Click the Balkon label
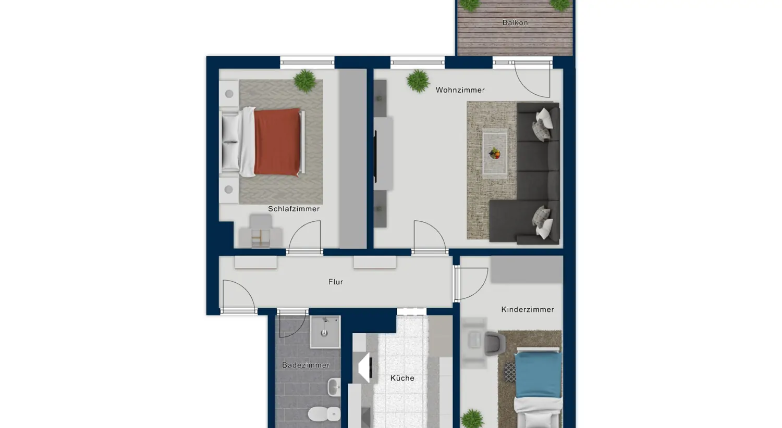pyautogui.click(x=515, y=23)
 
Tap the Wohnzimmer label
pyautogui.click(x=460, y=90)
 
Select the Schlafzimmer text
pyautogui.click(x=294, y=209)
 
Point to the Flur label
pyautogui.click(x=336, y=282)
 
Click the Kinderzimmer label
pyautogui.click(x=528, y=309)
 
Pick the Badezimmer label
pyautogui.click(x=306, y=366)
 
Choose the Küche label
pyautogui.click(x=402, y=378)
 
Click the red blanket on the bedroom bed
pyautogui.click(x=277, y=142)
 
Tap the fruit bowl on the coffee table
pyautogui.click(x=495, y=154)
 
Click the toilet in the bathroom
pyautogui.click(x=324, y=414)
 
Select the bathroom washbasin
pyautogui.click(x=334, y=387)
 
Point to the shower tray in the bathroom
pyautogui.click(x=325, y=332)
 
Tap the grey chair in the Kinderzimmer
pyautogui.click(x=495, y=344)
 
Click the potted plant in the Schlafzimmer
pyautogui.click(x=305, y=81)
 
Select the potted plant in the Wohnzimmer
pyautogui.click(x=418, y=81)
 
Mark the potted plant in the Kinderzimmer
pyautogui.click(x=472, y=419)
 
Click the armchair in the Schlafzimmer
pyautogui.click(x=261, y=231)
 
